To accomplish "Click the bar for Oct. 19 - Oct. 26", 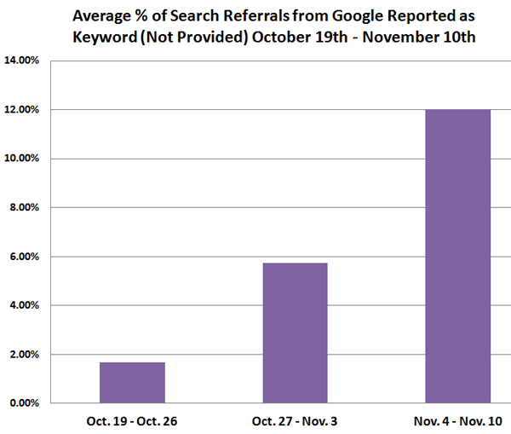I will pos(132,382).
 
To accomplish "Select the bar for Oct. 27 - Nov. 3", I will pos(295,333).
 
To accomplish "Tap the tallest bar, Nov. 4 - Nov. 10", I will pos(458,256).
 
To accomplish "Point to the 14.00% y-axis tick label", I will pos(23,61).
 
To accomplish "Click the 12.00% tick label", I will pos(23,110).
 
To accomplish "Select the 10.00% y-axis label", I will pos(23,159).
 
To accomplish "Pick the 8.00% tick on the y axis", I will pos(26,207).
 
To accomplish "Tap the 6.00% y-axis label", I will pos(26,257).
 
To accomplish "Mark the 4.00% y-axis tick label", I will pos(26,305).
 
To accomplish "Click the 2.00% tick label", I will pos(26,355).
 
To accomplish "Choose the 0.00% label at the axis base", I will pos(26,403).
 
